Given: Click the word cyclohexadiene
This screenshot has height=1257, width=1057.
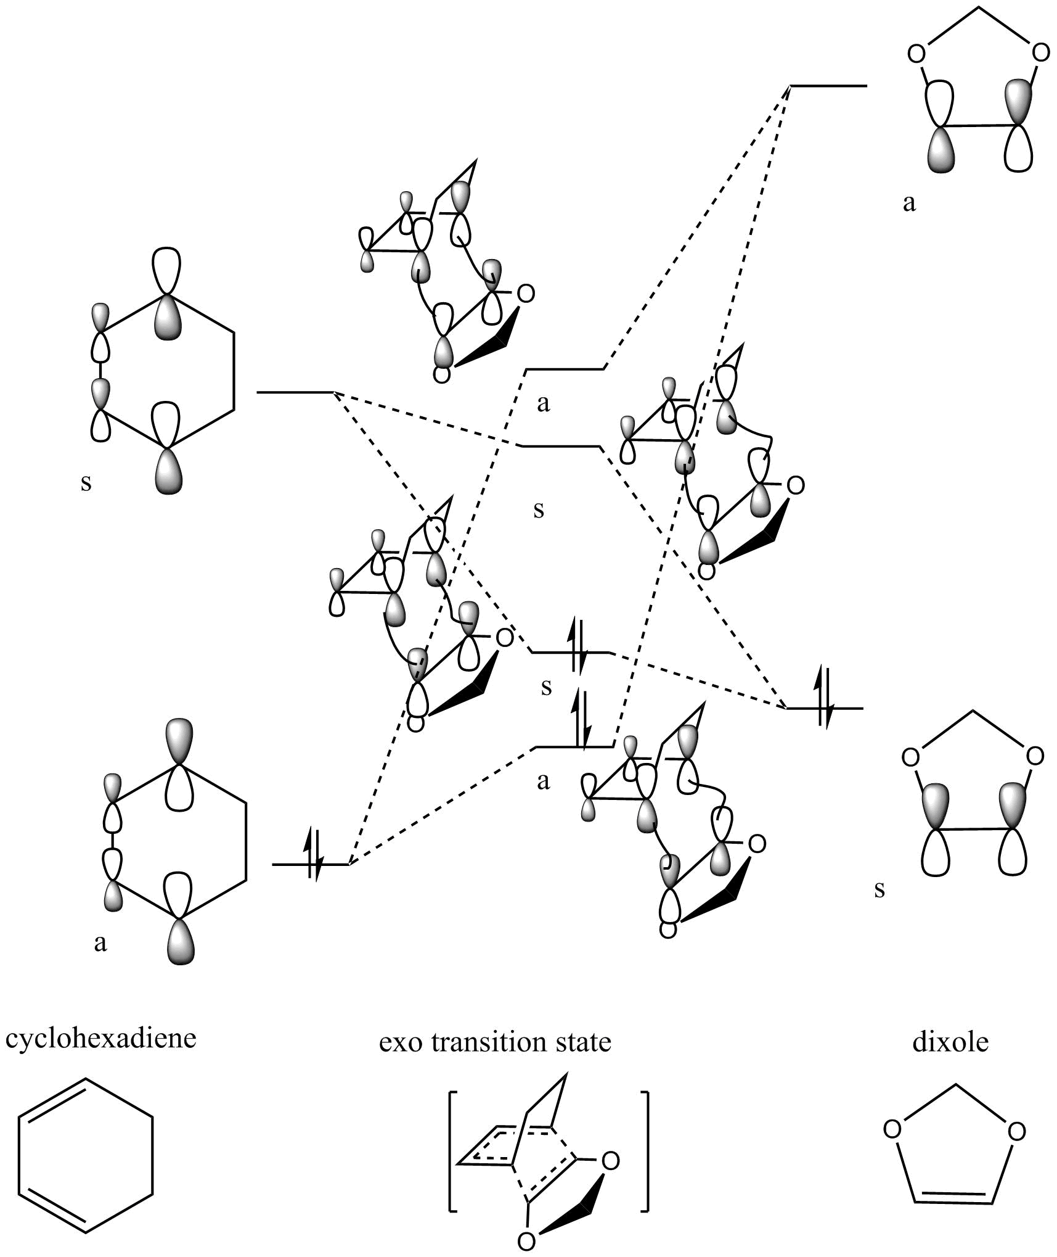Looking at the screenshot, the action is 101,1038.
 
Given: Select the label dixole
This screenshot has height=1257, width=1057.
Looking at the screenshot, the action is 950,1042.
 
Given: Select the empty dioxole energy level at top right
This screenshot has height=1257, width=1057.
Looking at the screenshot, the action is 829,86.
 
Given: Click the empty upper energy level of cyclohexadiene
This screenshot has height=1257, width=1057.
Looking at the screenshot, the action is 295,392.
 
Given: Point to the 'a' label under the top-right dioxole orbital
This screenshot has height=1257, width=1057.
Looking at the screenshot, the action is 909,203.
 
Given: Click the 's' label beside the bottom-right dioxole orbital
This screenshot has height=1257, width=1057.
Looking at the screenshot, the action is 879,889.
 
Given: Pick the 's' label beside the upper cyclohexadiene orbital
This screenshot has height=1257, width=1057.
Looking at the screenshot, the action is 86,482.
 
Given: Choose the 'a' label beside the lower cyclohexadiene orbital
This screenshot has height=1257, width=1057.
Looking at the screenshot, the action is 100,942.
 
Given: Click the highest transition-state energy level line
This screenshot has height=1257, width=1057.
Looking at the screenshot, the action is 565,369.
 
